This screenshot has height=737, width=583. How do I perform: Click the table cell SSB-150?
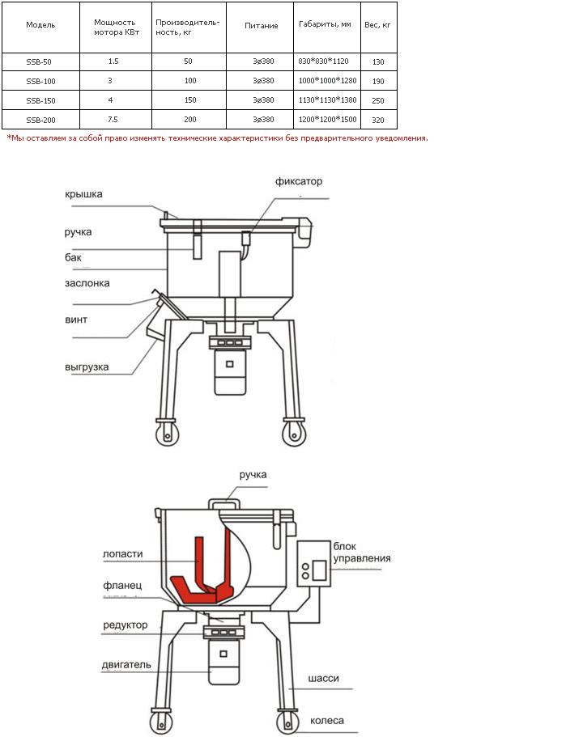[41, 100]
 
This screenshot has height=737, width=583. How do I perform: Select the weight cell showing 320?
[378, 120]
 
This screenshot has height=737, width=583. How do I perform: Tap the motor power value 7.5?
[113, 120]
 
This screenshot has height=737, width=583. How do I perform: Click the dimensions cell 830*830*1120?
[323, 61]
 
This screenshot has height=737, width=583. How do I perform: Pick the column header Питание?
[262, 26]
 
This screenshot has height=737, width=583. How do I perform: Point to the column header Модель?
[40, 25]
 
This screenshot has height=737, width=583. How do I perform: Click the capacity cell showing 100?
[190, 81]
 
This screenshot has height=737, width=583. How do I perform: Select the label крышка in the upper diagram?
[83, 194]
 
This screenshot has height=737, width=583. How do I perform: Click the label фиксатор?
[299, 181]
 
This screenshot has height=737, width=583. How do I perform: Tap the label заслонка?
[87, 283]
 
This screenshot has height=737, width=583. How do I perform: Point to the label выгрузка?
[87, 367]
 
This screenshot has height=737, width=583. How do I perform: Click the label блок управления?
[362, 553]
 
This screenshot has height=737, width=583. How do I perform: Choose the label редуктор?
[126, 625]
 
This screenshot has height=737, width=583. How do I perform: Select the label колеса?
[327, 721]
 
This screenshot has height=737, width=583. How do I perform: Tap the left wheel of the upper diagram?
[167, 434]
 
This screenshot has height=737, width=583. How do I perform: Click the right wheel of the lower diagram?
[288, 722]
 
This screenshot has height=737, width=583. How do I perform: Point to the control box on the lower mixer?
[314, 564]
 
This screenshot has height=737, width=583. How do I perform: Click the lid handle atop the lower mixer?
[224, 503]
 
